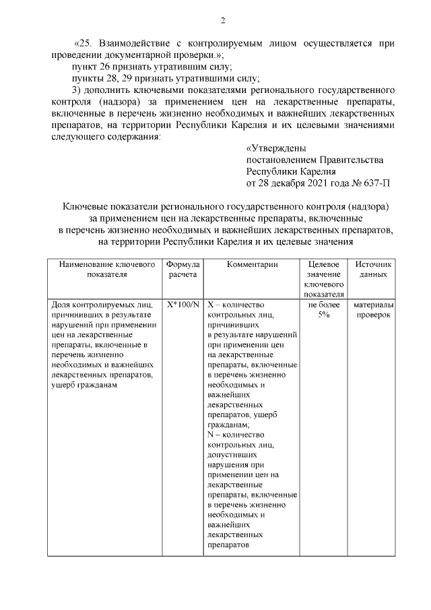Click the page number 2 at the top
point(222,19)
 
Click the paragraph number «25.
point(84,43)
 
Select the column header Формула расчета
point(183,270)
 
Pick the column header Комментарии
point(252,265)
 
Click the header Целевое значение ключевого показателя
point(323,279)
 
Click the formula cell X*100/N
point(183,305)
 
